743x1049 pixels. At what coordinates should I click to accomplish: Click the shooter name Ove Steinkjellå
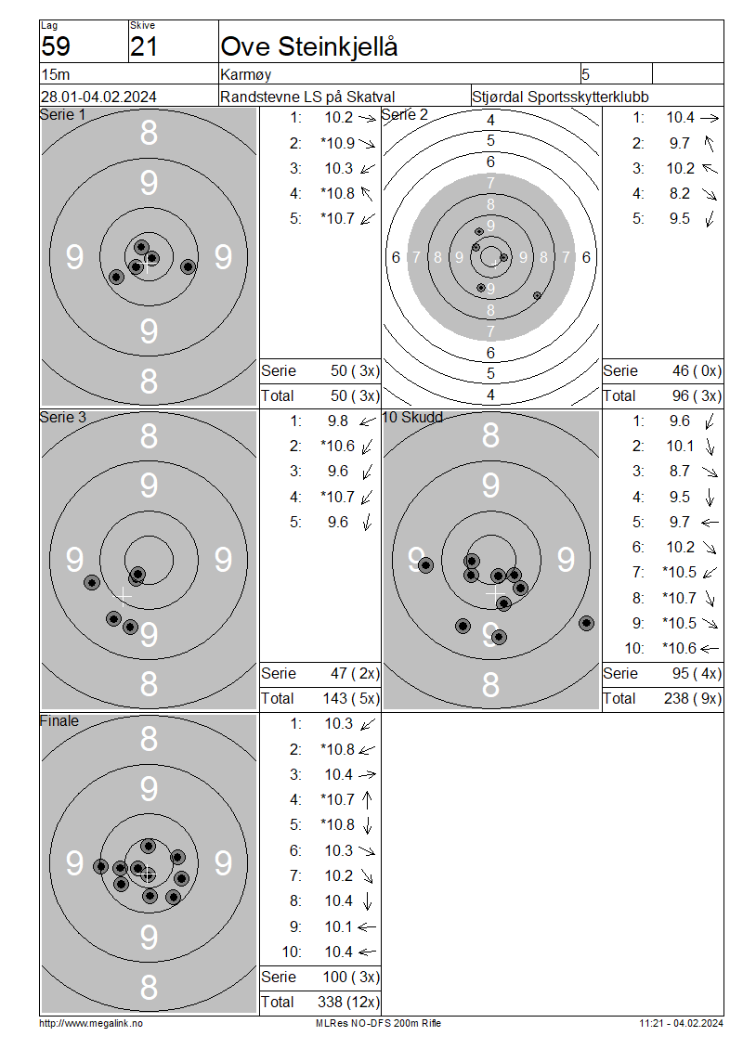pos(309,46)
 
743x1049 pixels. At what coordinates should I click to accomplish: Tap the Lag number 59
pos(56,46)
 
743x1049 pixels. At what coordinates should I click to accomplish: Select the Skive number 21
pos(144,46)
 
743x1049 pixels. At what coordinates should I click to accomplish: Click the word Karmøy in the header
pos(246,74)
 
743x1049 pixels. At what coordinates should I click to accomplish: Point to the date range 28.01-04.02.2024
pos(98,97)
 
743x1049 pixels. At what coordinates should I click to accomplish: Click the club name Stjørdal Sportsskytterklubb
pos(560,97)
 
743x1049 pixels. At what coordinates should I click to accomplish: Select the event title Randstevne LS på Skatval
pos(307,97)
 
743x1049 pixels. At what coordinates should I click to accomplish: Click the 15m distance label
pos(56,74)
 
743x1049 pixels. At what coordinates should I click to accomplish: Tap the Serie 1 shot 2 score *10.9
pos(337,143)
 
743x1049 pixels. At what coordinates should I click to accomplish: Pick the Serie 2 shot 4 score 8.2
pos(680,193)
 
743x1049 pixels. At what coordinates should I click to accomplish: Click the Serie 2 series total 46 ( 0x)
pos(697,370)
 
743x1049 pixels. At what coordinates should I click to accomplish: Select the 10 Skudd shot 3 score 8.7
pos(680,471)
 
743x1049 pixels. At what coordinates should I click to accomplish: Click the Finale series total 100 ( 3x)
pos(351,977)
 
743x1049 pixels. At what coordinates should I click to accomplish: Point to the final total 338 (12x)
pos(348,1002)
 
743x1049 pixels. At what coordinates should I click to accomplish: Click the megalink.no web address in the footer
pos(91,1023)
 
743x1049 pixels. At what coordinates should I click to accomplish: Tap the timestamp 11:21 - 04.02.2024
pos(681,1023)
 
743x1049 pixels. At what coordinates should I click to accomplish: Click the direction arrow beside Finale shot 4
pos(367,799)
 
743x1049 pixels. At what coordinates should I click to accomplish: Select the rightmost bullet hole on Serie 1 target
pos(189,267)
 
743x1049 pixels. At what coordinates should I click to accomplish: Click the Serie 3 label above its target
pos(63,417)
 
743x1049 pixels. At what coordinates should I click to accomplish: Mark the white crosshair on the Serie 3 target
pos(124,595)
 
